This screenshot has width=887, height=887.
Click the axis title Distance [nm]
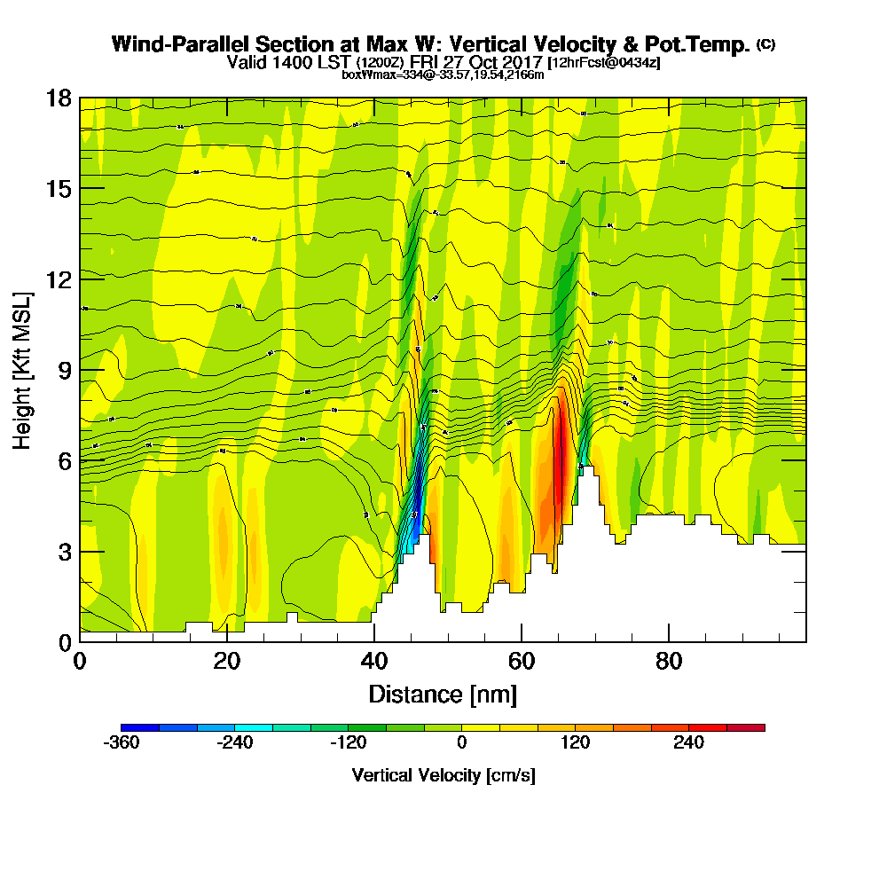(443, 694)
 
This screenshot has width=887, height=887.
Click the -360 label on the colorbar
(122, 743)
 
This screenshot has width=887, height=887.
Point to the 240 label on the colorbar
(688, 743)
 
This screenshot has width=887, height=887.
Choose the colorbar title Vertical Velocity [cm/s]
(443, 775)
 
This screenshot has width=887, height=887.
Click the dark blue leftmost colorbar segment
(140, 727)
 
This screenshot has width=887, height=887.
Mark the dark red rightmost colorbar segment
(746, 727)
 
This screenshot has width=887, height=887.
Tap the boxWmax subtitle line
(443, 75)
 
